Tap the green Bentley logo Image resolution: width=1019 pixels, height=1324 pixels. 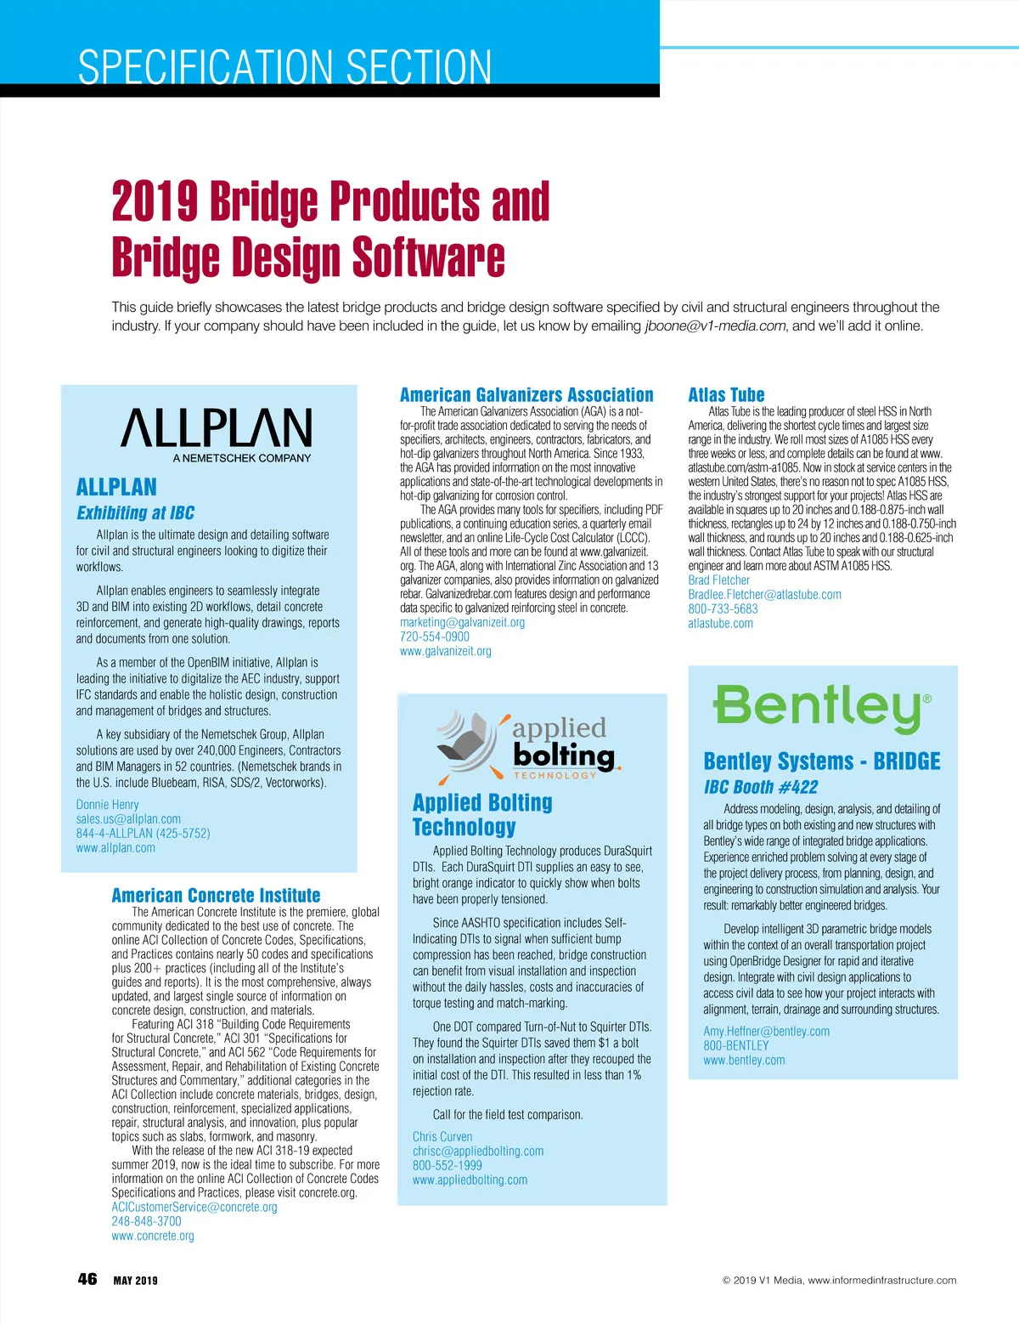coord(821,707)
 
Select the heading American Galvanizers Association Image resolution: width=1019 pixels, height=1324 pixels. coord(526,395)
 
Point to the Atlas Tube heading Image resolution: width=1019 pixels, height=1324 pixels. coord(726,395)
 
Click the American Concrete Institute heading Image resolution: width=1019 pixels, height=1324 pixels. coord(216,896)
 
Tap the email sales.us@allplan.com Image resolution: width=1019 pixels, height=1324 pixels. coord(128,819)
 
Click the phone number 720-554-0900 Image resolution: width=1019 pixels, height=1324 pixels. coord(434,637)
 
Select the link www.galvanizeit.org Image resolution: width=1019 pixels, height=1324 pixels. coord(445,651)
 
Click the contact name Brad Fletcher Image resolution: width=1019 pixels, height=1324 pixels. coord(718,580)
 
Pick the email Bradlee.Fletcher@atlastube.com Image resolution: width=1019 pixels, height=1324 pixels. coord(764,595)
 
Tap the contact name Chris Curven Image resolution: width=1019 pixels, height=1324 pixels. coord(442,1137)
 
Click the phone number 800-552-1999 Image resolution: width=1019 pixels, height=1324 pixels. coord(447,1166)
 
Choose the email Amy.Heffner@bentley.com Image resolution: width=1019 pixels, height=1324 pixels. coord(766,1032)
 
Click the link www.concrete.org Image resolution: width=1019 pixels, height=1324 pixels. coord(153,1236)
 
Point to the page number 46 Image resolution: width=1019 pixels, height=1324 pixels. coord(87,1279)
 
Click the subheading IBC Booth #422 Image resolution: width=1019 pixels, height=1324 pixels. coord(760,787)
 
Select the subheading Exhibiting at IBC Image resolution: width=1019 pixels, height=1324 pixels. coord(135,513)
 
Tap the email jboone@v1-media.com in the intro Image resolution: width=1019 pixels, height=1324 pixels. coord(715,326)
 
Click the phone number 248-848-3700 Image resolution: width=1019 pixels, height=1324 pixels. coord(146,1221)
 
